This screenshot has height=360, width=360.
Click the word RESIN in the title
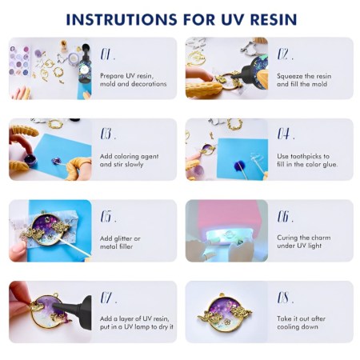point(274,19)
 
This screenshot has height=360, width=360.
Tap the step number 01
point(108,55)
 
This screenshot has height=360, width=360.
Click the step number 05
point(108,217)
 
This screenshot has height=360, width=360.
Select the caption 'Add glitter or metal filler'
point(121,242)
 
